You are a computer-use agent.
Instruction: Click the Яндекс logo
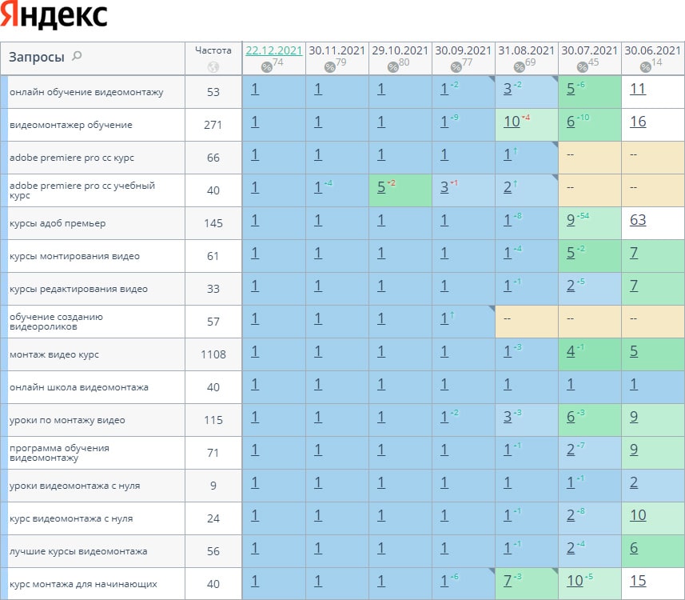point(54,15)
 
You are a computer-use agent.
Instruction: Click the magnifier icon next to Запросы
point(77,56)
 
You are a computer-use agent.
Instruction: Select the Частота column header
point(213,50)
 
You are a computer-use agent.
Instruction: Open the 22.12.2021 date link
point(273,50)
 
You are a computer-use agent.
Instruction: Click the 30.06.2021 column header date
point(652,50)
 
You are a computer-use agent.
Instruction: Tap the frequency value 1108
point(213,354)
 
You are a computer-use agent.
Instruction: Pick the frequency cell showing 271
point(213,125)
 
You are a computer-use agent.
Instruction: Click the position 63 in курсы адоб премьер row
point(638,220)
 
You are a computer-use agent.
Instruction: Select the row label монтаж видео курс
point(54,354)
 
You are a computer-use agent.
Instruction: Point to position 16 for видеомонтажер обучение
point(638,122)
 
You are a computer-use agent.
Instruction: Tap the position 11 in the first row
point(638,89)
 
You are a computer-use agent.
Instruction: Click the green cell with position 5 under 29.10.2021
point(381,187)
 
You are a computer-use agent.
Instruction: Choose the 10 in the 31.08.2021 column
point(512,122)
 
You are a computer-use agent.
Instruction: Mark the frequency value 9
point(213,486)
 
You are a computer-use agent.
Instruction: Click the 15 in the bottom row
point(638,581)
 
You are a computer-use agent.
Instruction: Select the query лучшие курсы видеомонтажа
point(78,551)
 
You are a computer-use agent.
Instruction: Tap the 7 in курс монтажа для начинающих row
point(508,581)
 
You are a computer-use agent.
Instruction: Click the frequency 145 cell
point(213,223)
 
